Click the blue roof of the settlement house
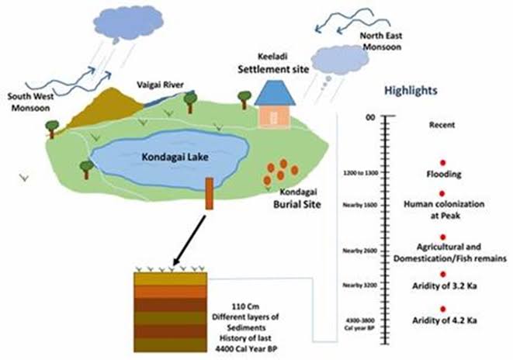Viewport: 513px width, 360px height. (x=276, y=93)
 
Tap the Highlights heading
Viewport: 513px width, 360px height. (x=411, y=90)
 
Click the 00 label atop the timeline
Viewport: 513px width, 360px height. (x=369, y=117)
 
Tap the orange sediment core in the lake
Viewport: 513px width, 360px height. (x=209, y=193)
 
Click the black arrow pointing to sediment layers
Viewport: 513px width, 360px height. (x=186, y=240)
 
